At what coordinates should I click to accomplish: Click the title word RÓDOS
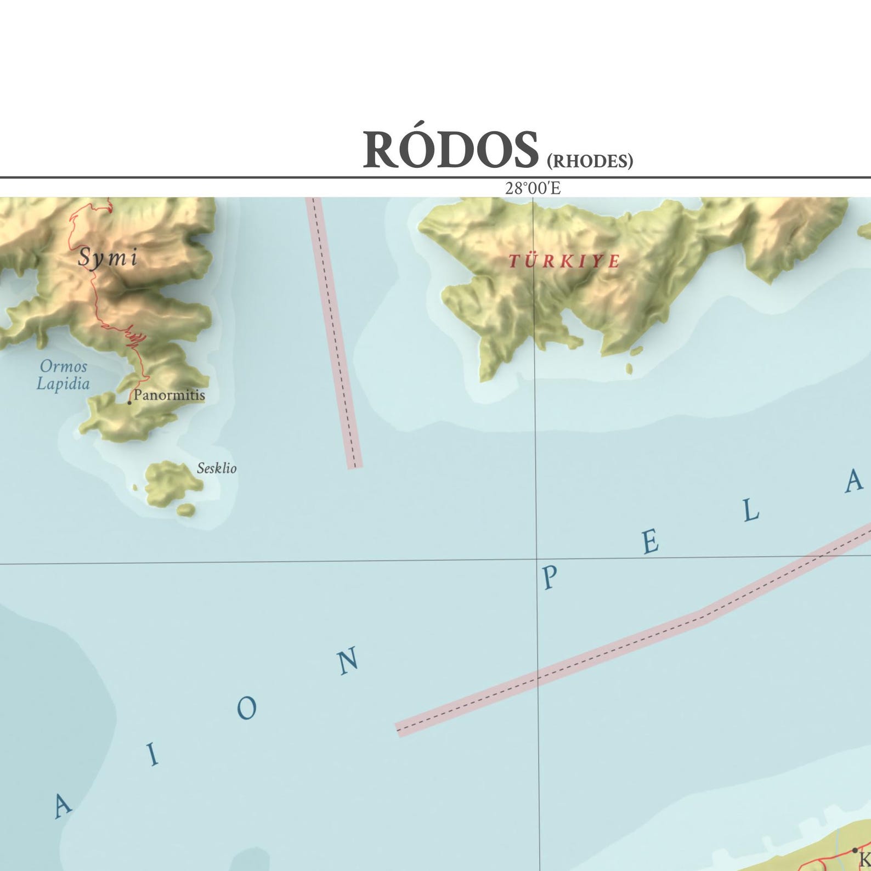pyautogui.click(x=450, y=149)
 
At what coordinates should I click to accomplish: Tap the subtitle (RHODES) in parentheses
pyautogui.click(x=590, y=161)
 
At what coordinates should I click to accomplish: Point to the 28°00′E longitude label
pyautogui.click(x=533, y=188)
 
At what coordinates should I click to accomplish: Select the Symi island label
pyautogui.click(x=108, y=257)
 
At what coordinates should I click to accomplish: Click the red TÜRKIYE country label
pyautogui.click(x=564, y=261)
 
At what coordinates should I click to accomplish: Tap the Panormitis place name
pyautogui.click(x=169, y=395)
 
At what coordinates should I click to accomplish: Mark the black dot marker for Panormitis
pyautogui.click(x=129, y=403)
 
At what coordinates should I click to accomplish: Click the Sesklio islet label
pyautogui.click(x=217, y=468)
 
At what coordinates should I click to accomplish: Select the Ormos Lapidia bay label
pyautogui.click(x=63, y=375)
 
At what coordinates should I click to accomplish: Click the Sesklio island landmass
pyautogui.click(x=170, y=483)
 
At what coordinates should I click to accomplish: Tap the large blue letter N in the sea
pyautogui.click(x=348, y=661)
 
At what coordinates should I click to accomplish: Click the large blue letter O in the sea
pyautogui.click(x=247, y=708)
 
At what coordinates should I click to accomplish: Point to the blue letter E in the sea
pyautogui.click(x=650, y=542)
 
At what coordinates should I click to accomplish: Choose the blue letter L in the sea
pyautogui.click(x=751, y=511)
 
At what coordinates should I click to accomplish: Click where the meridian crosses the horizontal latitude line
pyautogui.click(x=536, y=559)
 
